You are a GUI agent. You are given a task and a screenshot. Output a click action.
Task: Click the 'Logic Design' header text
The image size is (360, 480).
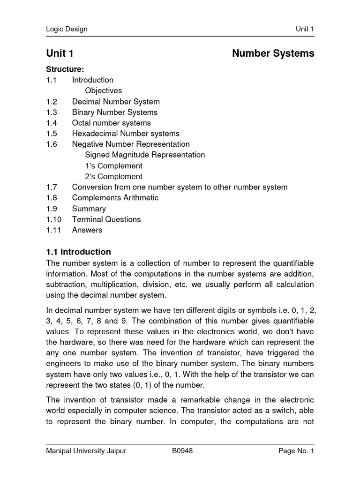[x=67, y=29]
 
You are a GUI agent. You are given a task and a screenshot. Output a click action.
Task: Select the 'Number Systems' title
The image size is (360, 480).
[x=273, y=53]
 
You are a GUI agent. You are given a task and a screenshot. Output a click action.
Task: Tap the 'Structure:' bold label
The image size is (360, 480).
[x=65, y=69]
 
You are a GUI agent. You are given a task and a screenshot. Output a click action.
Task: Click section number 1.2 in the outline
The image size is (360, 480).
[x=52, y=102]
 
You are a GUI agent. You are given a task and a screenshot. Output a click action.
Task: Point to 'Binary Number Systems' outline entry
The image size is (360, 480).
[x=114, y=112]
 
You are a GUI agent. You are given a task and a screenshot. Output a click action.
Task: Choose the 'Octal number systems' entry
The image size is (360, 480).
[x=111, y=123]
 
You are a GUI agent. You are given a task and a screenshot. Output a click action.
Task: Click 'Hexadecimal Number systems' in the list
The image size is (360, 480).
[x=126, y=134]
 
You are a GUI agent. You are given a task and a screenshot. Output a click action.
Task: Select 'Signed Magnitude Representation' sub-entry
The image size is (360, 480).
[x=145, y=155]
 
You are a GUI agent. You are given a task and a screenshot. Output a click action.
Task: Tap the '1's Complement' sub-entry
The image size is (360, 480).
[x=113, y=166]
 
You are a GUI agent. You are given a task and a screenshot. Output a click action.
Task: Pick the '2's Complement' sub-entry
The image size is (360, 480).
[x=113, y=177]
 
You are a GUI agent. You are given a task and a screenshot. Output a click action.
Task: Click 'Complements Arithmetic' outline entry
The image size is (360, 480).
[x=115, y=198]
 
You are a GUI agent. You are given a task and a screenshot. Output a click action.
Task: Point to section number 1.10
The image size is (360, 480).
[x=53, y=219]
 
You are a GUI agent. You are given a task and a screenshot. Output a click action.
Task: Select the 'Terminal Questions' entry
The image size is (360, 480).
[x=106, y=219]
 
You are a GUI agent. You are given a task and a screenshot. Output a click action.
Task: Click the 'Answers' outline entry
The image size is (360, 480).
[x=87, y=230]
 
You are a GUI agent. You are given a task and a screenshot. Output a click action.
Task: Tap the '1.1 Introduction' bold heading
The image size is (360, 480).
[x=78, y=252]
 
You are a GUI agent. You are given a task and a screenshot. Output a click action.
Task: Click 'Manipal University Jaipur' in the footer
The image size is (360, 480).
[x=86, y=451]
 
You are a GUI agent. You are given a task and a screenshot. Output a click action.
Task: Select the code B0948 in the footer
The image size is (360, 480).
[x=182, y=451]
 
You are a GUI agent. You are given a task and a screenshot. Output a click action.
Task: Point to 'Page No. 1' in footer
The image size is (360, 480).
[x=296, y=451]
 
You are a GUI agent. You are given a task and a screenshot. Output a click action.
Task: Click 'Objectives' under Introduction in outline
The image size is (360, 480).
[x=103, y=91]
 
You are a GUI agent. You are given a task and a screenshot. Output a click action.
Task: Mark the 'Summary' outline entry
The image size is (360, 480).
[x=89, y=209]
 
